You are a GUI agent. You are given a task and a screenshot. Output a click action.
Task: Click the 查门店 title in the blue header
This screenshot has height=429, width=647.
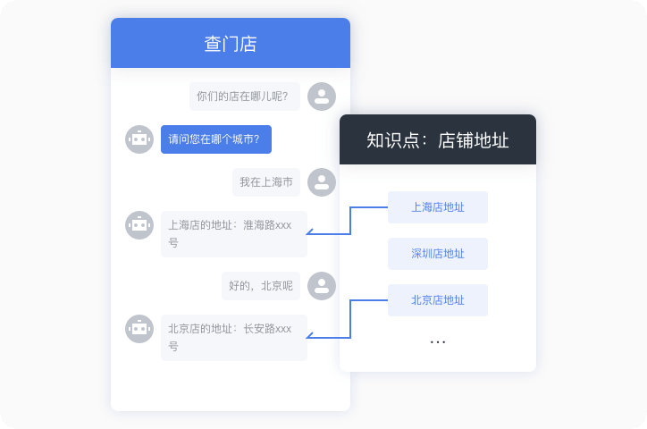(x=231, y=44)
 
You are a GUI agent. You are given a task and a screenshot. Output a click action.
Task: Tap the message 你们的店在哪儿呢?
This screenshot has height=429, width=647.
(x=244, y=97)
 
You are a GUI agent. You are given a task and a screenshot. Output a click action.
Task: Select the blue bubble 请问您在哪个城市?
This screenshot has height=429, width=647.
(x=215, y=139)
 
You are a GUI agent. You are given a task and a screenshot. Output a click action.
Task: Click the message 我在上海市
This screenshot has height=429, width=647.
(x=265, y=182)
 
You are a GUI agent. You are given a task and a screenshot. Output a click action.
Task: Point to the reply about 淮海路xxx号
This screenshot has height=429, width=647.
(x=233, y=234)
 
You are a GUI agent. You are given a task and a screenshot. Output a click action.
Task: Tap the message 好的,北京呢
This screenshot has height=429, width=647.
(x=260, y=286)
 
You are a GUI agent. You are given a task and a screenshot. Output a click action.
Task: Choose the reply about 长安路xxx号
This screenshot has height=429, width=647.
(x=233, y=338)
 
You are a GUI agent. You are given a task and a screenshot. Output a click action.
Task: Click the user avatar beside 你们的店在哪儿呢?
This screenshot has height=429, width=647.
(x=322, y=97)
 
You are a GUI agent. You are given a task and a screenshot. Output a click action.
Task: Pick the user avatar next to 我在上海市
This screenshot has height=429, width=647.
(x=322, y=182)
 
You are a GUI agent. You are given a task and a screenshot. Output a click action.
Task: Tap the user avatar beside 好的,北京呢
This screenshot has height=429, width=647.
(x=322, y=286)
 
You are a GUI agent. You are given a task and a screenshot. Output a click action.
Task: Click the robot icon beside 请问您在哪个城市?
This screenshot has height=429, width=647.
(x=139, y=139)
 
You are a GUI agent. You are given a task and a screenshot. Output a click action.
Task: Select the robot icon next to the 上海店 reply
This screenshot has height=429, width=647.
(x=139, y=225)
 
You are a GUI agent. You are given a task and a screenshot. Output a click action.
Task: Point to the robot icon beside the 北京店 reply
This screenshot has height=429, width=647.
(x=139, y=329)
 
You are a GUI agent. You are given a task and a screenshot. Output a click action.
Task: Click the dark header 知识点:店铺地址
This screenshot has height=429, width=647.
(x=438, y=140)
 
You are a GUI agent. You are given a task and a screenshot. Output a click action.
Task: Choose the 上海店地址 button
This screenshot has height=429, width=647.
(x=438, y=207)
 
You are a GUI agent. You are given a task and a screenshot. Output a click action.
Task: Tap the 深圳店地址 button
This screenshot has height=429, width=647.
(x=438, y=254)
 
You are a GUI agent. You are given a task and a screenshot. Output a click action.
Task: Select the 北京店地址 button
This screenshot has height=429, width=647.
(x=438, y=300)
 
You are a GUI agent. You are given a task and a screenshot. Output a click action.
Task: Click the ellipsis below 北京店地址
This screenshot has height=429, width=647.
(x=438, y=342)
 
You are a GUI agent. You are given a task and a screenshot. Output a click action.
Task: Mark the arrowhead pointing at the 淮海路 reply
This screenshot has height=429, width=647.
(x=309, y=233)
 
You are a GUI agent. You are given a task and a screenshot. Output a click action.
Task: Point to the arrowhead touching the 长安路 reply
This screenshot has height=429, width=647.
(x=309, y=337)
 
